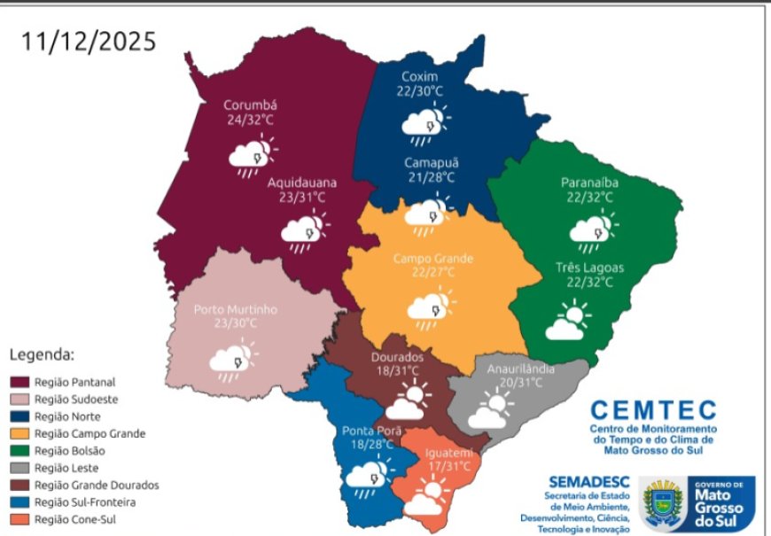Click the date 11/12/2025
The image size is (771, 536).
89,41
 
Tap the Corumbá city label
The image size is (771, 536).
251,105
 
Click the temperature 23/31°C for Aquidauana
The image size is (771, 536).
297,197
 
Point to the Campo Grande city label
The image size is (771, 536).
432,259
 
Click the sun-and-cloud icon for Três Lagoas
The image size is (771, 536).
567,322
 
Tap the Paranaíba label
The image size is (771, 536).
589,183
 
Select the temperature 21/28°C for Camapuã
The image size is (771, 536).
430,177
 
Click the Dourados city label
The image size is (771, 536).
397,357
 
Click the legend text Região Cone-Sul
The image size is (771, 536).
74,520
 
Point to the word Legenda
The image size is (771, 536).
42,355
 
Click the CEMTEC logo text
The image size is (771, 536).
653,410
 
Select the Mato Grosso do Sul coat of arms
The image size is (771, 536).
663,504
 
